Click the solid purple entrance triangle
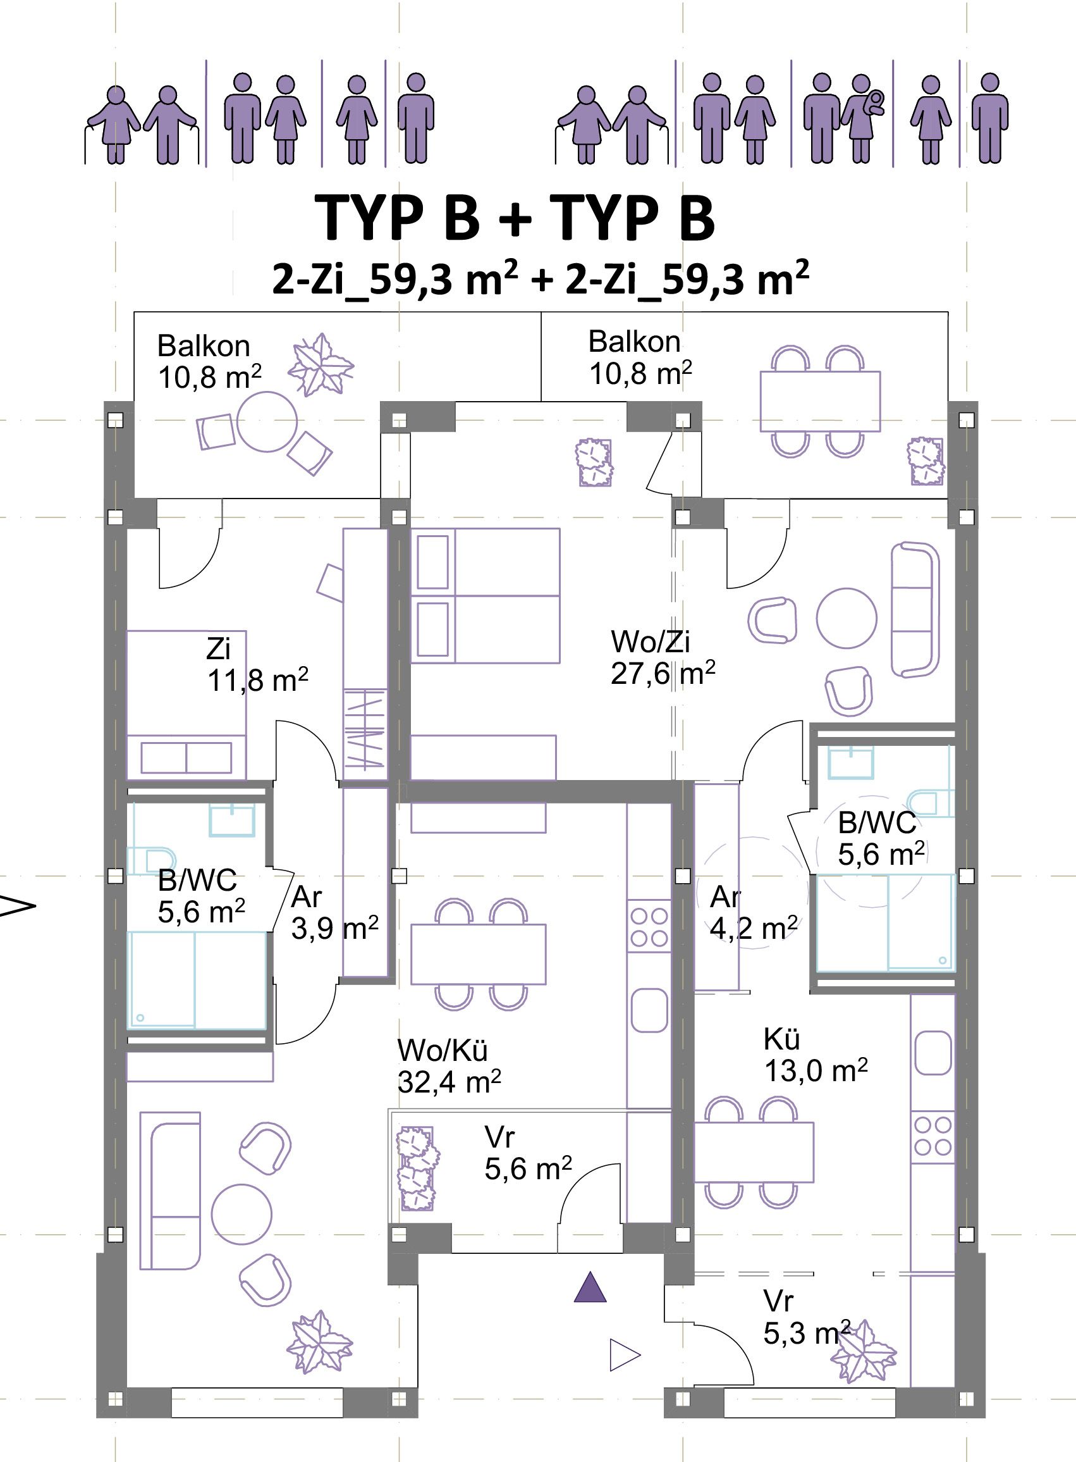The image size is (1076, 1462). pos(590,1287)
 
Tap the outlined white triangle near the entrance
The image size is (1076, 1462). pos(625,1355)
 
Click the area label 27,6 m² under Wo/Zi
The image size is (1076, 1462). pos(663,672)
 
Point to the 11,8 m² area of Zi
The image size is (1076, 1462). pos(258,681)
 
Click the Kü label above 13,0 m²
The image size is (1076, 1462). pos(781,1039)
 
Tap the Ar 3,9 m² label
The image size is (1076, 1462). pos(335,912)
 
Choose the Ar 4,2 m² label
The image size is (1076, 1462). pos(754,912)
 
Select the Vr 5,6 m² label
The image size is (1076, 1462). pos(529,1153)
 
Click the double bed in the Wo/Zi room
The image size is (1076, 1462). pos(486,596)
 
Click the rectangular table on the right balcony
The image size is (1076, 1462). pos(820,402)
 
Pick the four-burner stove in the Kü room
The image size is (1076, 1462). pos(932,1136)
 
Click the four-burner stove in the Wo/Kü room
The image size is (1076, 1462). pos(649,927)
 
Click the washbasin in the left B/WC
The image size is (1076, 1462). pos(232,820)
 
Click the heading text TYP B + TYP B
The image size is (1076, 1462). pos(515,218)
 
